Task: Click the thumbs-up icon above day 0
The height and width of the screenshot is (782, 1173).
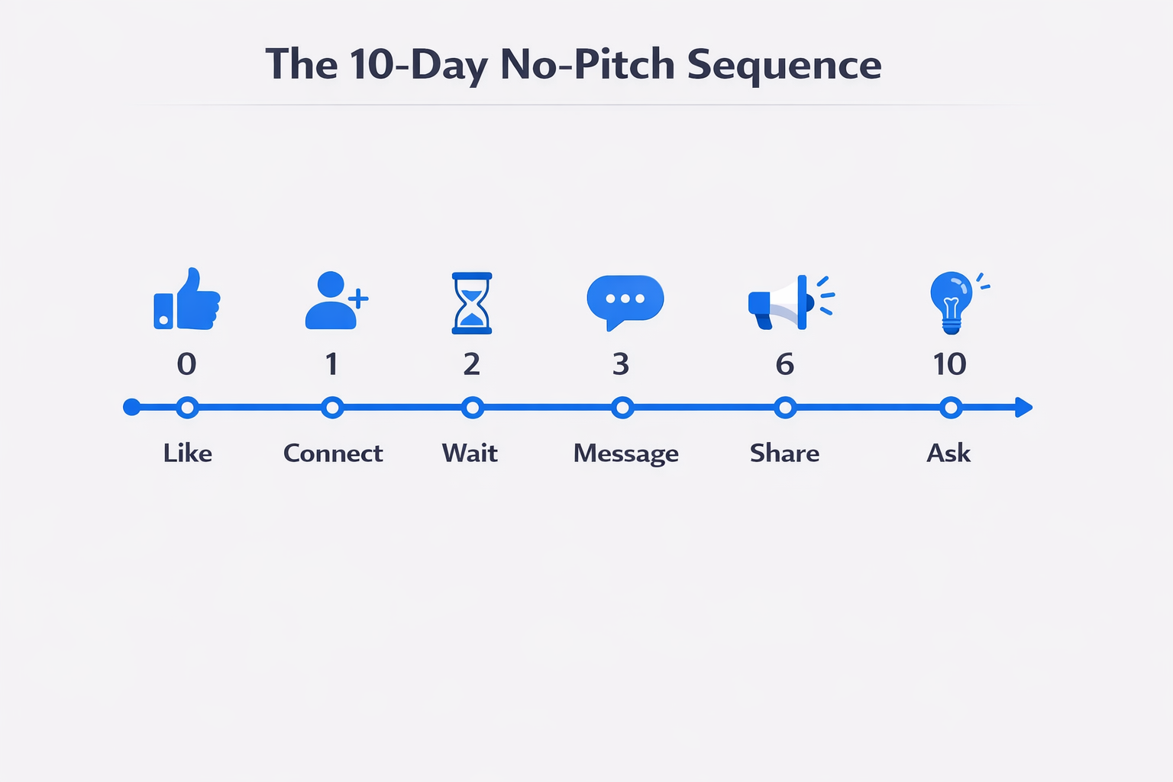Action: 187,299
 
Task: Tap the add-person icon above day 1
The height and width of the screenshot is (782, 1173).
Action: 336,300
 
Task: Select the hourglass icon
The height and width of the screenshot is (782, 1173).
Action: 472,302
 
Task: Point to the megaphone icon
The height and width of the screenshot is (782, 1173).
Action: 790,302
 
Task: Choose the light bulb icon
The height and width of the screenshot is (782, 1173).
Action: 955,302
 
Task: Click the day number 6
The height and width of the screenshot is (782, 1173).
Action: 784,364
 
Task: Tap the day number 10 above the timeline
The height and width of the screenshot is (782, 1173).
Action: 949,364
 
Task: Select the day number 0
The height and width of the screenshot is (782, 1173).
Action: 186,364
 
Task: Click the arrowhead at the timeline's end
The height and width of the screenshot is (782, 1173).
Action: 1024,408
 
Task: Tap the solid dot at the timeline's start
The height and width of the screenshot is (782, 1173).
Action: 131,407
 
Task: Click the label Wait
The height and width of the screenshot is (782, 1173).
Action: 470,453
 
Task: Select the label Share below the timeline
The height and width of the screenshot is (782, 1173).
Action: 784,453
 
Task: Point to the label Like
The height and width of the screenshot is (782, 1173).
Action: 187,453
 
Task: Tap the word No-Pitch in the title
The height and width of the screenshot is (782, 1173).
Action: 587,64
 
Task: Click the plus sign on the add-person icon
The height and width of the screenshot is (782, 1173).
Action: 358,299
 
